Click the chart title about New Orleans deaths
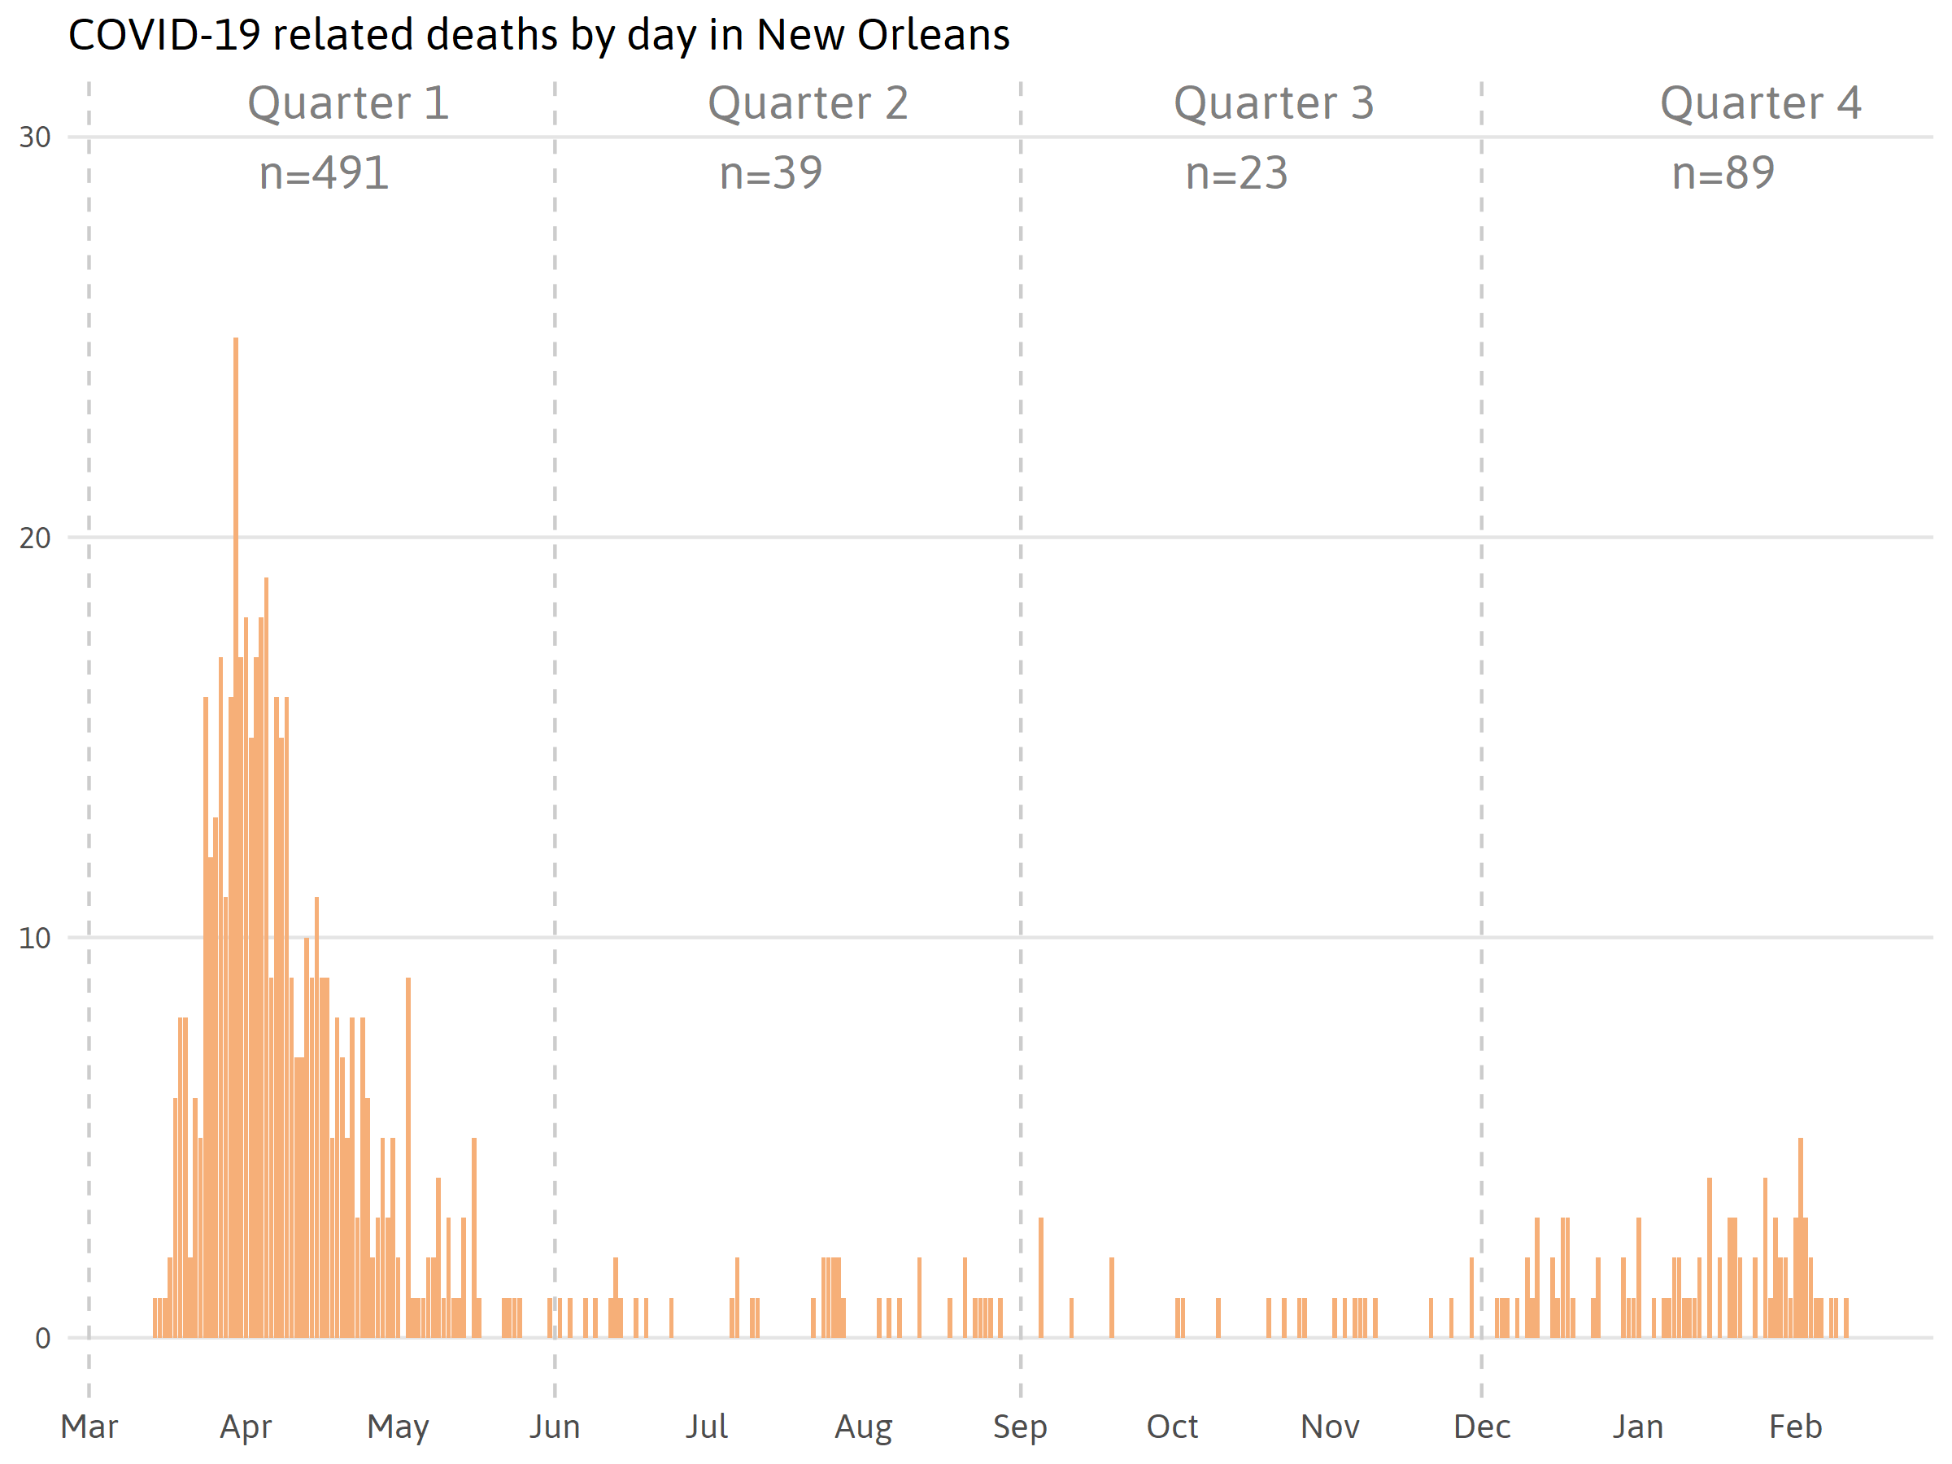click(538, 35)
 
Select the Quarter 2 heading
click(808, 103)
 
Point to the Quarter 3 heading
click(1274, 103)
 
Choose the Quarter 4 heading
click(1761, 103)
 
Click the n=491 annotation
click(324, 173)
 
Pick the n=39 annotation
click(770, 173)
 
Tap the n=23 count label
click(1236, 173)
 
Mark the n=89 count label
click(1723, 173)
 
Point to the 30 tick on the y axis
click(35, 137)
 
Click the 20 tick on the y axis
click(35, 538)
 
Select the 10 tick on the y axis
click(35, 938)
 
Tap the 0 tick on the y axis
click(42, 1339)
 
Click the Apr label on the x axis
click(246, 1427)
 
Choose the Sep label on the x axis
click(1019, 1427)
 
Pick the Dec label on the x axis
click(1482, 1427)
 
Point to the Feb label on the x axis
click(1795, 1427)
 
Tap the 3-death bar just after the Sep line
click(1041, 1279)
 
